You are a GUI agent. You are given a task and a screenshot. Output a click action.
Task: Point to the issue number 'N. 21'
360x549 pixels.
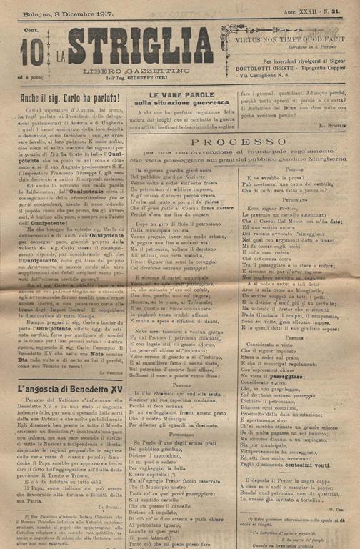(x=330, y=13)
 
